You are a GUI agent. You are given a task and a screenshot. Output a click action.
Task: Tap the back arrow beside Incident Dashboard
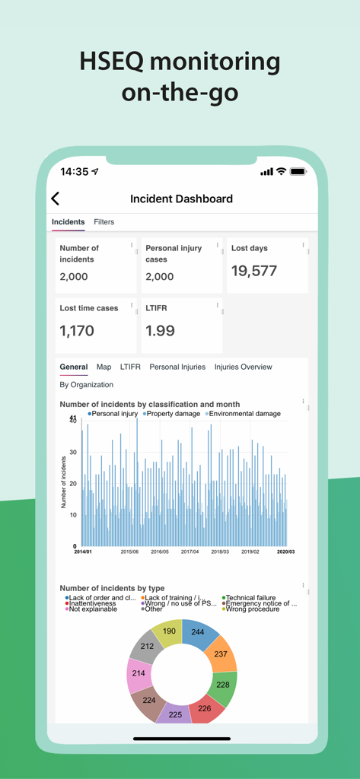[55, 199]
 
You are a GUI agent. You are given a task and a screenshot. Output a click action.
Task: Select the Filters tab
[104, 222]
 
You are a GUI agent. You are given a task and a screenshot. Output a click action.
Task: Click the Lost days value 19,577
[254, 271]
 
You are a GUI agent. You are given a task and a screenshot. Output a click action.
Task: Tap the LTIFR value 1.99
[161, 330]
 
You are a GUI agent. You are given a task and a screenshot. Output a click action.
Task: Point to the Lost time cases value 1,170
[77, 330]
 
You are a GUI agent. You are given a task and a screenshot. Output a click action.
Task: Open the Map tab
[104, 367]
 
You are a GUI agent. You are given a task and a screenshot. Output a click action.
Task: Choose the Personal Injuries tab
[177, 367]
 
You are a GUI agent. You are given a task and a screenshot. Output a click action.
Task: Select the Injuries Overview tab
[243, 367]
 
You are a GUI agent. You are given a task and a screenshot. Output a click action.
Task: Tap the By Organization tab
[86, 385]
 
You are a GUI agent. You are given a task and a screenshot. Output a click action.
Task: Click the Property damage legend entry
[171, 414]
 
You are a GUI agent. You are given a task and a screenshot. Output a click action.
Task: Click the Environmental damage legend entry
[244, 414]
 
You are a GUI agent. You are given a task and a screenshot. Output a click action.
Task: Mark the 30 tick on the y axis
[72, 452]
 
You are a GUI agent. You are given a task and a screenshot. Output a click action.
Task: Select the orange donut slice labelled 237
[220, 655]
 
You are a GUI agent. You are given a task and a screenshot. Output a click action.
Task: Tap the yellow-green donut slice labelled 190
[168, 631]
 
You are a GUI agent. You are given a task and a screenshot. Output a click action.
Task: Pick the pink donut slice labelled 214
[139, 673]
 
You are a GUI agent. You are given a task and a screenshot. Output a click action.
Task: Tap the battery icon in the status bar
[298, 172]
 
